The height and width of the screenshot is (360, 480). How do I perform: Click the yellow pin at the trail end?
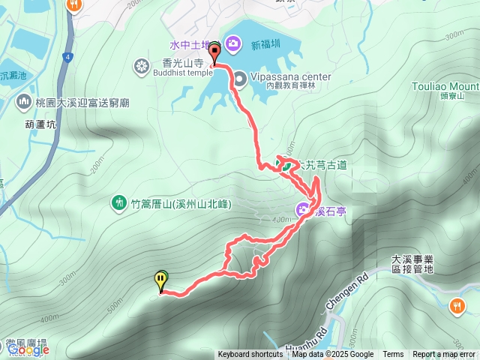(x=161, y=281)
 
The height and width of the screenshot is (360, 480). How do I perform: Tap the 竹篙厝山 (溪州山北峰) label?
(x=181, y=203)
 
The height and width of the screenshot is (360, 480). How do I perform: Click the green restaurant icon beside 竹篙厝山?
(x=118, y=202)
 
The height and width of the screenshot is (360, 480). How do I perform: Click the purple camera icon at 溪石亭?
(x=302, y=209)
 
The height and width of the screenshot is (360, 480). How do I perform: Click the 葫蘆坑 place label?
(x=40, y=126)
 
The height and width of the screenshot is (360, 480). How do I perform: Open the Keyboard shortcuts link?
(x=250, y=355)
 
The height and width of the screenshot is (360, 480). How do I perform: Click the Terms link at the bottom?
(x=393, y=355)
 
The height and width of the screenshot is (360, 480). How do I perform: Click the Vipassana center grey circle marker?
(x=239, y=76)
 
